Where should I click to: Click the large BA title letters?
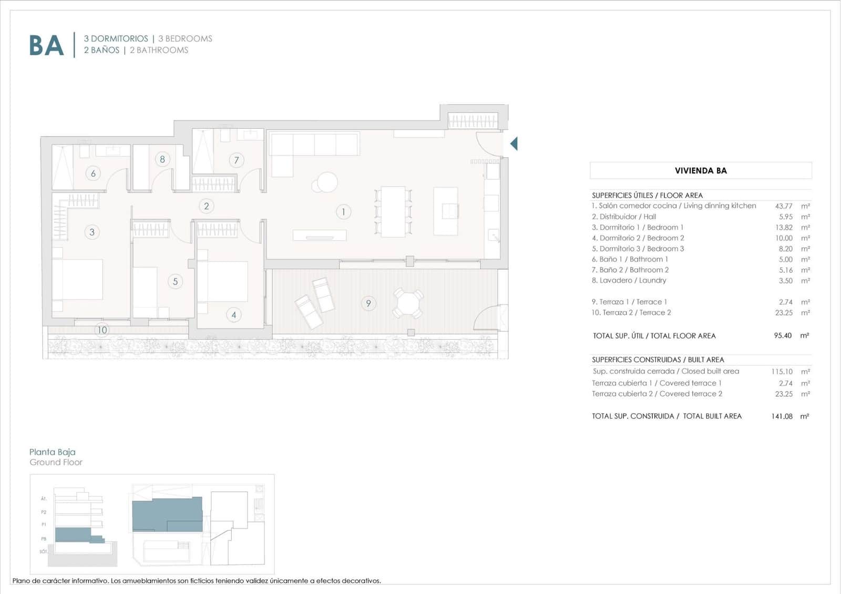point(46,45)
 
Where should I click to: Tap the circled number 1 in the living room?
point(343,212)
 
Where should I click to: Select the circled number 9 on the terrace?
point(368,303)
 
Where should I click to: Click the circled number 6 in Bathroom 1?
point(93,173)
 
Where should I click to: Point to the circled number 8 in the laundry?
point(162,159)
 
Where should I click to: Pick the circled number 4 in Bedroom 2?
point(234,315)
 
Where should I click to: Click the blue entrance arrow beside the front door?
point(514,143)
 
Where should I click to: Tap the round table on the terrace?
point(408,303)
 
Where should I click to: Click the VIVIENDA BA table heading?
point(701,170)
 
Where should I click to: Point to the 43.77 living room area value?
point(783,206)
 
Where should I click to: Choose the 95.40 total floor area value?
point(783,335)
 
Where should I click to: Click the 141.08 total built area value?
point(782,416)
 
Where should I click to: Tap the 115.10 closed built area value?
point(782,372)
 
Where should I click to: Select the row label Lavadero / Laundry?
point(629,281)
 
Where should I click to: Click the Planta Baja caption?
point(53,452)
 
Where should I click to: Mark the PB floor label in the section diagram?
point(44,539)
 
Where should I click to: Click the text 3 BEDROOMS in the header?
point(185,39)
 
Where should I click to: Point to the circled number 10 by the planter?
point(101,330)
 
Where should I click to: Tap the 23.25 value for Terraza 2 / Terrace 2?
point(784,313)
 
